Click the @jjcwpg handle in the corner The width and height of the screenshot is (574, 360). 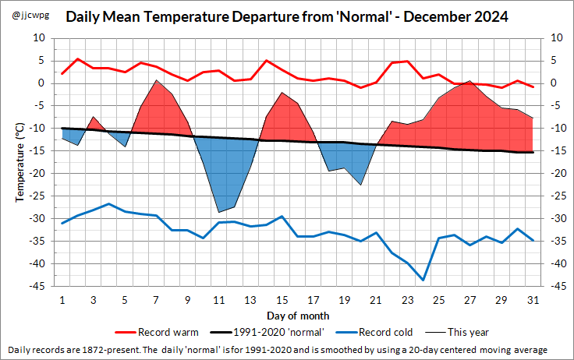(x=27, y=15)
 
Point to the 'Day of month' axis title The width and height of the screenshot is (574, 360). (x=297, y=316)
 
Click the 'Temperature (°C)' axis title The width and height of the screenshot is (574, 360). (x=19, y=162)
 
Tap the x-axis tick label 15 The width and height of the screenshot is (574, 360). (x=282, y=300)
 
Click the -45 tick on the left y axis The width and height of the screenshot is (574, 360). (x=38, y=287)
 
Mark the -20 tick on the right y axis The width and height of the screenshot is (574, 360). (x=558, y=174)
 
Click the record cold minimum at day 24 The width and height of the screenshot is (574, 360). (x=423, y=280)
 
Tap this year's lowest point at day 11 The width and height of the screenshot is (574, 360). (x=219, y=212)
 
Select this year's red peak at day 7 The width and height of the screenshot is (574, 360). (x=156, y=80)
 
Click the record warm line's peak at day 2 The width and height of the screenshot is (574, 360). (x=78, y=58)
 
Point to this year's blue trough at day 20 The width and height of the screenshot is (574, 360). (x=360, y=185)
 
